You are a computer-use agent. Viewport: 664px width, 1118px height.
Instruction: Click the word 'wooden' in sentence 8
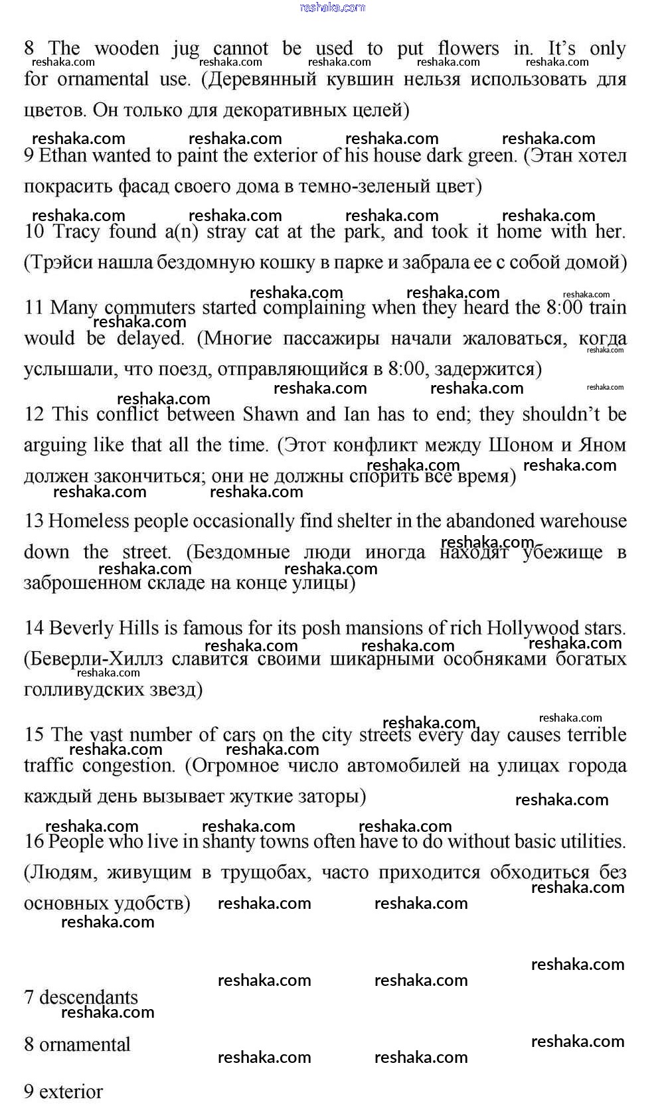tap(127, 48)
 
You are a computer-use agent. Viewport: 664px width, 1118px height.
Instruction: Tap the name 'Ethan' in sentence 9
tap(63, 156)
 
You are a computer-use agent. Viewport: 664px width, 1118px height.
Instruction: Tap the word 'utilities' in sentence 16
tap(593, 842)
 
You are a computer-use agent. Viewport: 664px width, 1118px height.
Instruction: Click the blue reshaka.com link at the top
tap(332, 7)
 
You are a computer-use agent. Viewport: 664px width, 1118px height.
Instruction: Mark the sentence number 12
tap(34, 414)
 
